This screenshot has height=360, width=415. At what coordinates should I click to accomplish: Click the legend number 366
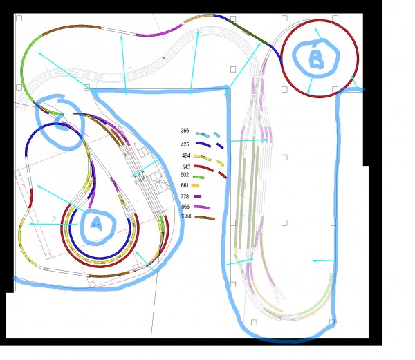point(185,131)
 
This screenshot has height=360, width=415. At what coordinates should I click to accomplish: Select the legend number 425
point(185,144)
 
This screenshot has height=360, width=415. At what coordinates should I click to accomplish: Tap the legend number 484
point(186,155)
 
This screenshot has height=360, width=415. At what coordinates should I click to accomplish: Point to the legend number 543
point(186,167)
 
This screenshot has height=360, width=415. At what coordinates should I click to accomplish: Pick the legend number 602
point(185,175)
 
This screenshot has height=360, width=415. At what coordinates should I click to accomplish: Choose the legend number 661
point(185,185)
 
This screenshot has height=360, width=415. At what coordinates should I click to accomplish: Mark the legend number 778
point(185,196)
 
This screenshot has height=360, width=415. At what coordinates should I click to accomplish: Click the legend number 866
point(185,207)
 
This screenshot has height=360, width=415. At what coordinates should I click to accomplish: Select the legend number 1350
point(186,216)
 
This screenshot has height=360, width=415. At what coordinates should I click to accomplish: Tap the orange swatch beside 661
point(195,186)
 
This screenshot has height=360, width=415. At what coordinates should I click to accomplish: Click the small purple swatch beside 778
point(198,196)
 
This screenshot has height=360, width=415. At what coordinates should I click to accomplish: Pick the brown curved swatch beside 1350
point(205,218)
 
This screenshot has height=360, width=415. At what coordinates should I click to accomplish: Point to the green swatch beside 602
point(199,177)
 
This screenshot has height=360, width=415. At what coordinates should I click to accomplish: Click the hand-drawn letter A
point(96,223)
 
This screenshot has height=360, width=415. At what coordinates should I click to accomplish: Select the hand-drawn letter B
point(316,59)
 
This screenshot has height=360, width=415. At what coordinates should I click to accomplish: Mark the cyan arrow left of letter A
point(53,224)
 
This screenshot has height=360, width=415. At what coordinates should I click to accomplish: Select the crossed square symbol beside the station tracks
point(158,182)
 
